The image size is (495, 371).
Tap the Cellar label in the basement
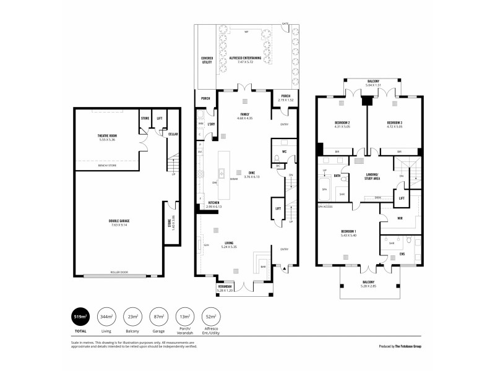pyautogui.click(x=173, y=133)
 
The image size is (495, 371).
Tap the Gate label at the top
pyautogui.click(x=285, y=24)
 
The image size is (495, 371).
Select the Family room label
pyautogui.click(x=245, y=116)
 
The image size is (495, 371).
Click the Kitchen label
pyautogui.click(x=213, y=203)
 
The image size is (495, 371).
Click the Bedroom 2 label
pyautogui.click(x=342, y=124)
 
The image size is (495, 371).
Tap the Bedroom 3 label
pyautogui.click(x=394, y=124)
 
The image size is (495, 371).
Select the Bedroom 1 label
pyautogui.click(x=347, y=232)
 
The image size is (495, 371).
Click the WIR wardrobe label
pyautogui.click(x=400, y=218)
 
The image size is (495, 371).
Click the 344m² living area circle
pyautogui.click(x=106, y=317)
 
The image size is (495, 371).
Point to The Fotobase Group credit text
pyautogui.click(x=407, y=348)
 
